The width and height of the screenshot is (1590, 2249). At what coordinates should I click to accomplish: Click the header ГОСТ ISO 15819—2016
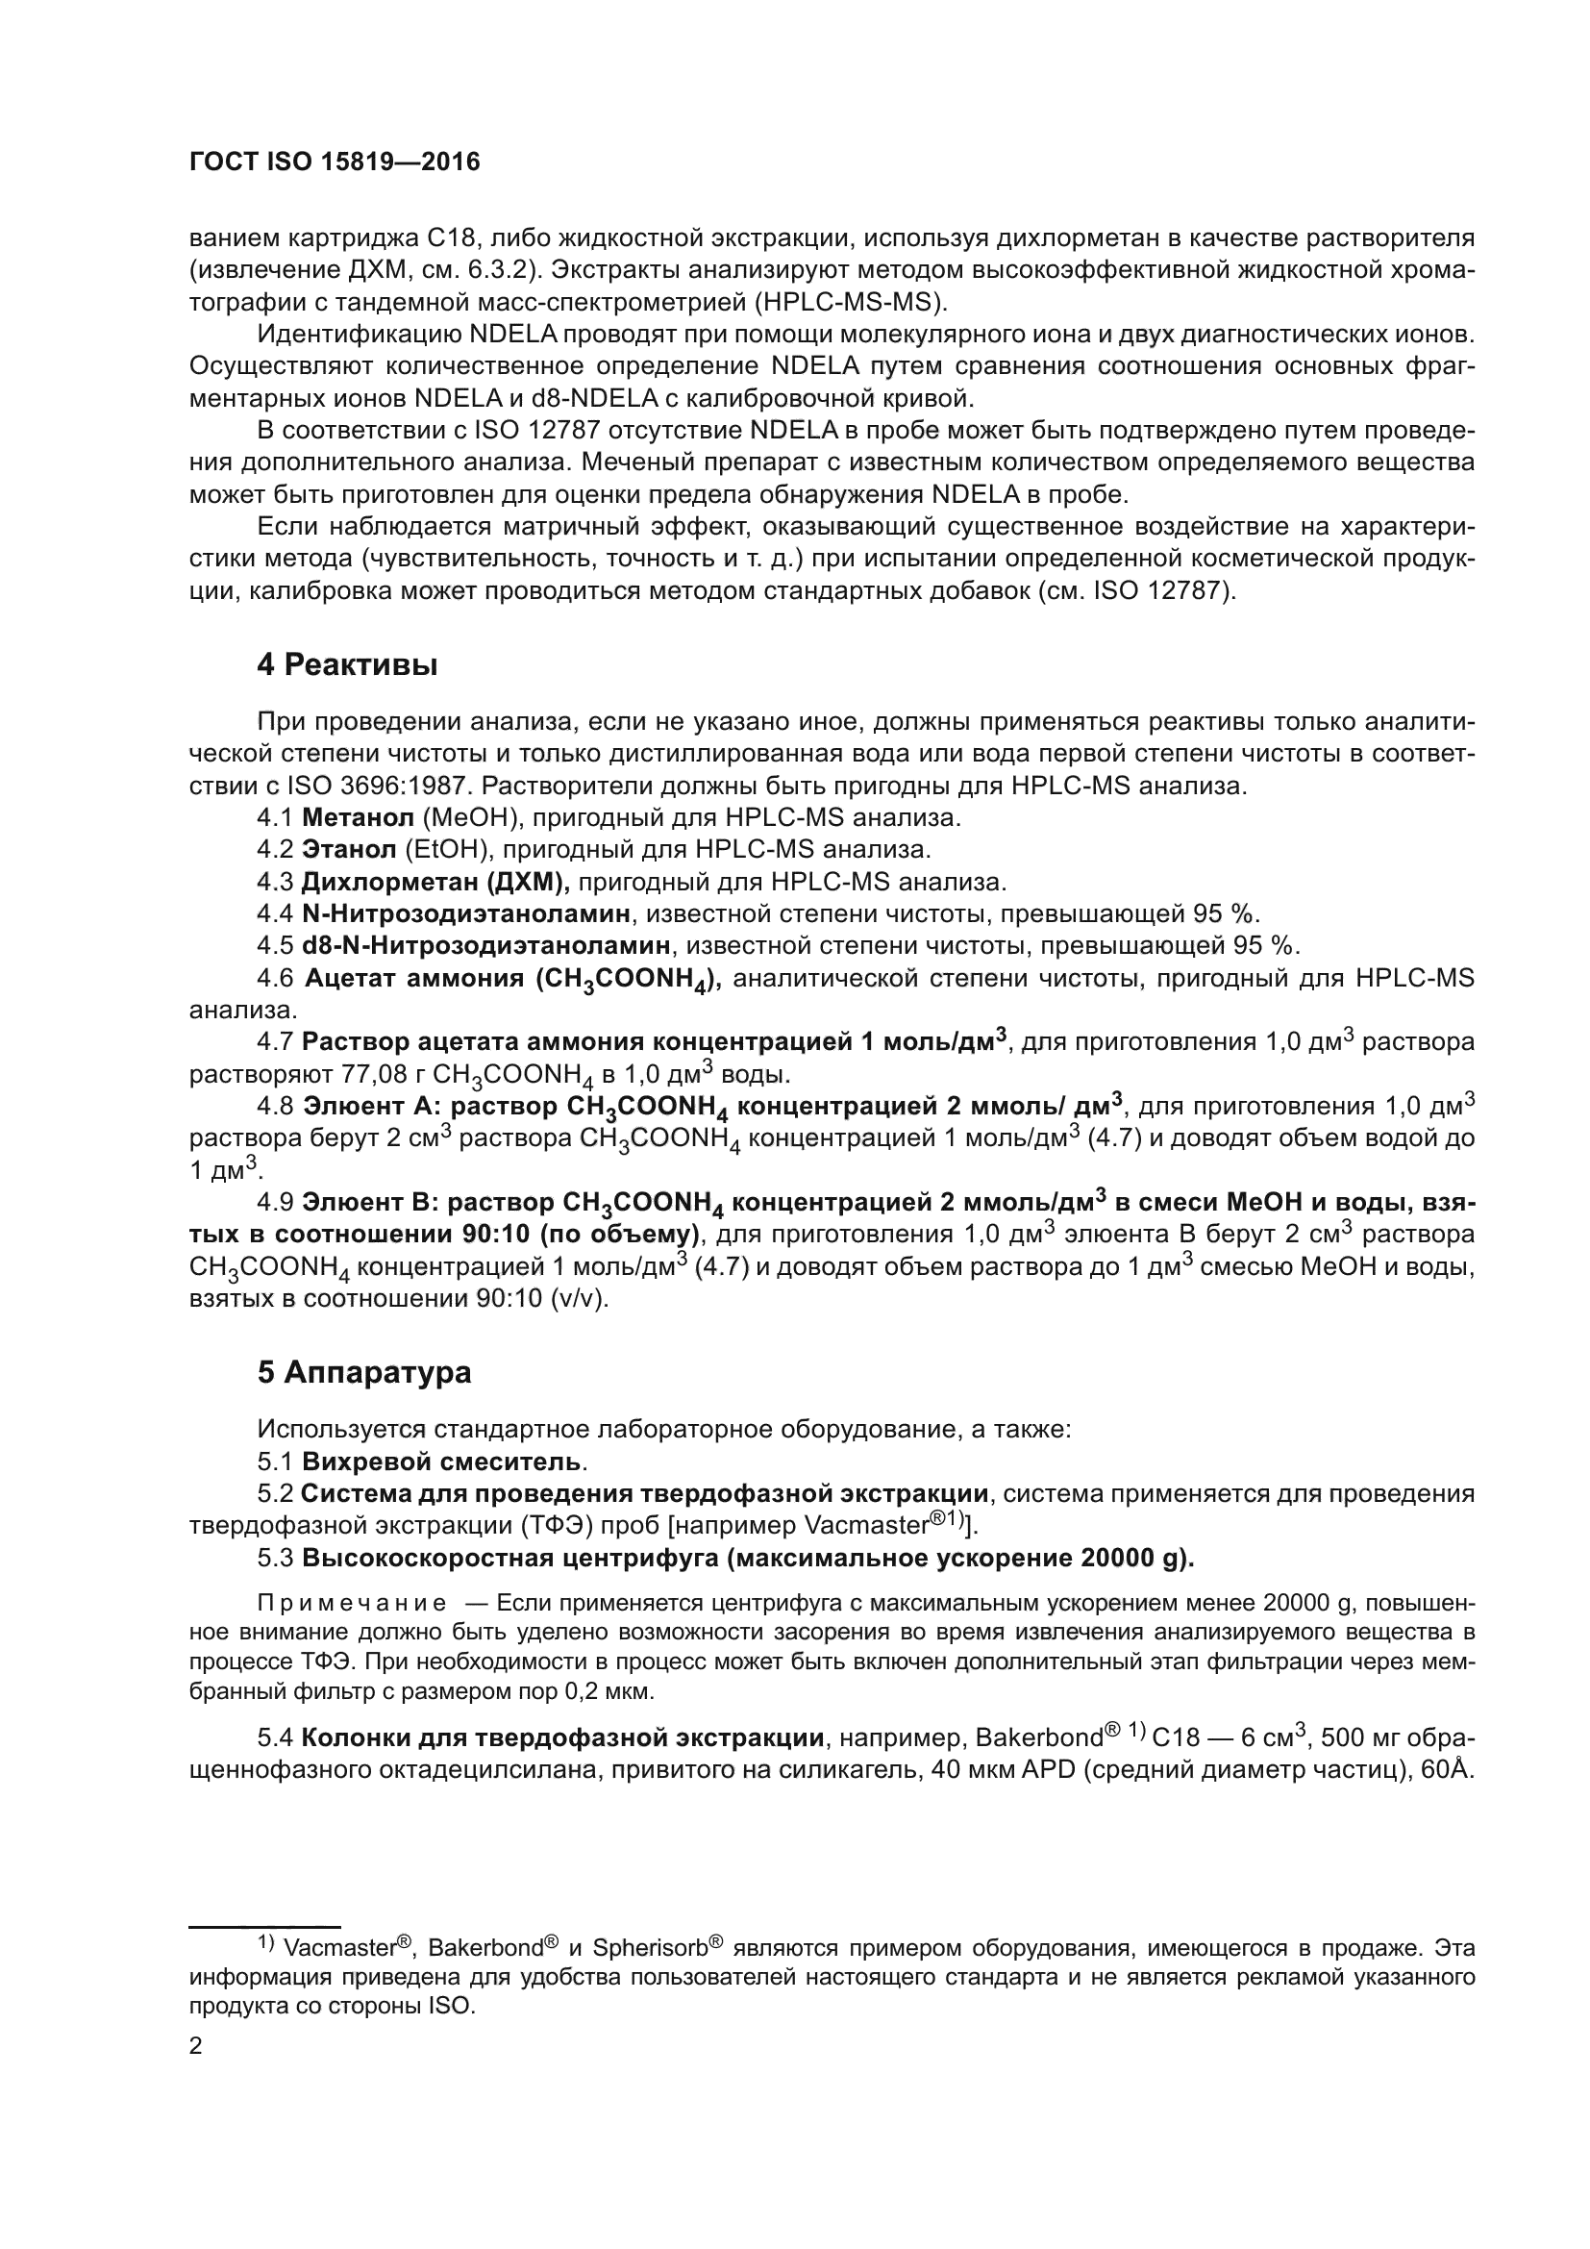334,162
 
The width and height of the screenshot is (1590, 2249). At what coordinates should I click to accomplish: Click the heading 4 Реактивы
347,665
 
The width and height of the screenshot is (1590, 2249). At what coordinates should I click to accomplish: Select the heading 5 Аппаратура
364,1372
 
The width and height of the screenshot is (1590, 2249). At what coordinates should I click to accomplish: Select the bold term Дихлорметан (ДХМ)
435,882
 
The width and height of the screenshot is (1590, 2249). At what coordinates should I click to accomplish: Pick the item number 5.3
276,1558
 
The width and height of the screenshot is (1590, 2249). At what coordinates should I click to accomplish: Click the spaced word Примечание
352,1604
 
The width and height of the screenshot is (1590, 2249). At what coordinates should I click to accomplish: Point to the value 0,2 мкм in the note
607,1691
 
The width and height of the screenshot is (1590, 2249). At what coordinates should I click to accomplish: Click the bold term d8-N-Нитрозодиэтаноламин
485,946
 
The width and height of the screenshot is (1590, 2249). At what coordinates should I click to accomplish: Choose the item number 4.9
275,1202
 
